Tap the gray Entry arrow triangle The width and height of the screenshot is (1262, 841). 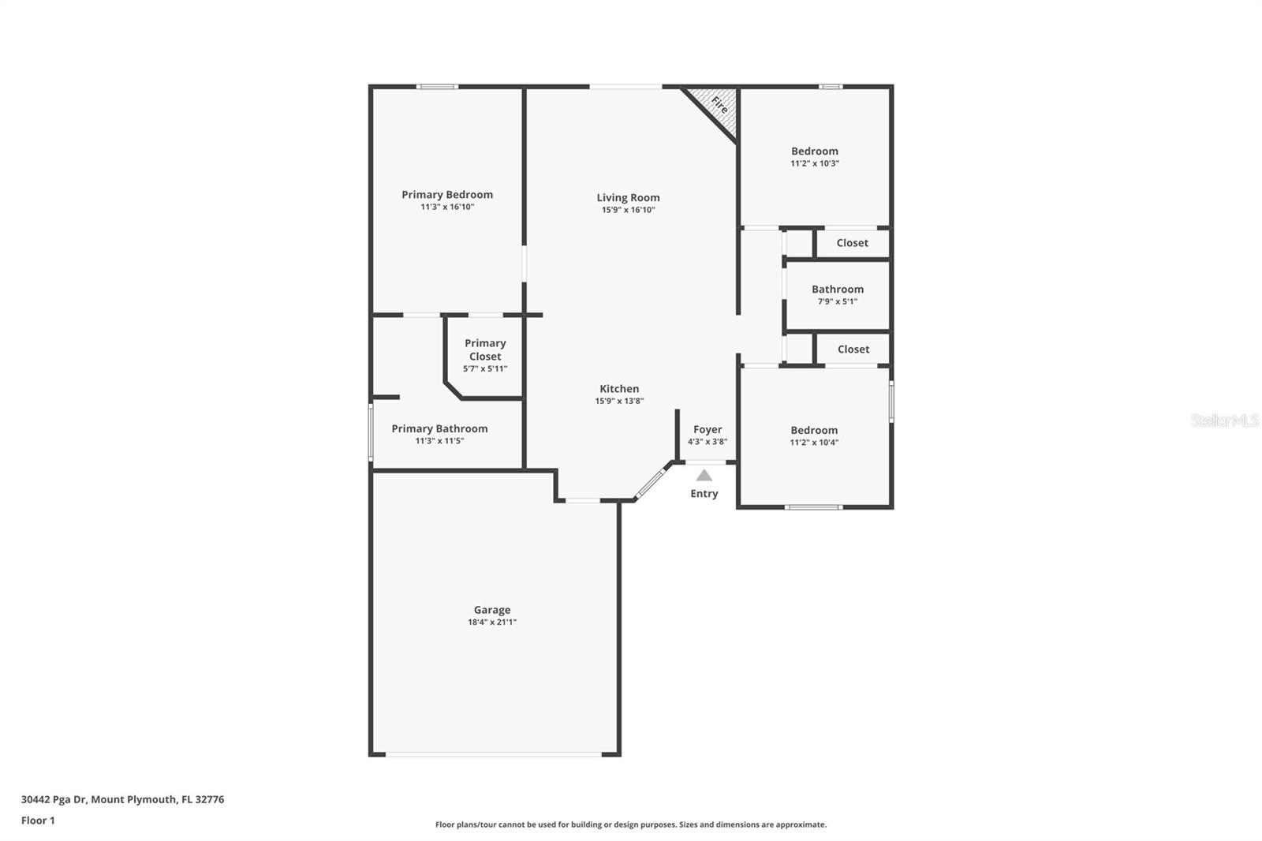704,475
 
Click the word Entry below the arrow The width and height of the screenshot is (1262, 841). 704,494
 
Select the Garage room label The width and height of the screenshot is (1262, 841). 491,610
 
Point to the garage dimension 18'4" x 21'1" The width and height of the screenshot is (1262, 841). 491,622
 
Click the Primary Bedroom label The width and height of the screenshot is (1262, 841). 446,195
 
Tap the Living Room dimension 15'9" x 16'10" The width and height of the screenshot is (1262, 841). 628,210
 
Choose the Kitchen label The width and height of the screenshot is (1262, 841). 619,389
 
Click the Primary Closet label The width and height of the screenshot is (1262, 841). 484,349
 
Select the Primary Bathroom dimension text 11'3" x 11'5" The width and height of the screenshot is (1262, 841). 439,441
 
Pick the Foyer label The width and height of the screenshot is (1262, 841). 708,430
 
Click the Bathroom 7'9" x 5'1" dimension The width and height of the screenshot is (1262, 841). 837,301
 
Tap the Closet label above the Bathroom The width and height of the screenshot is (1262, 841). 852,243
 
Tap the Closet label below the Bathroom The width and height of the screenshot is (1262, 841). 853,349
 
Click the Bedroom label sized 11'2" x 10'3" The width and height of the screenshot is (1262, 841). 814,151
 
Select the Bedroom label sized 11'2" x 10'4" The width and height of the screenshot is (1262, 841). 814,431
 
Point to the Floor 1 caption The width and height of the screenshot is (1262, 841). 38,820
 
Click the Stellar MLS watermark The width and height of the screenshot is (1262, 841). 1224,420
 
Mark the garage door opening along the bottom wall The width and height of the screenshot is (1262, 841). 494,755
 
